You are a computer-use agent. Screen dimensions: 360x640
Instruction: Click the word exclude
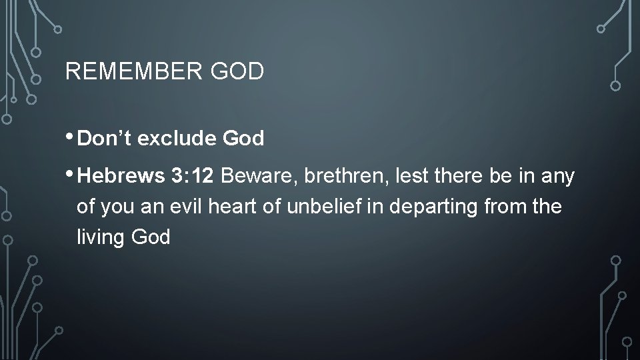(x=174, y=139)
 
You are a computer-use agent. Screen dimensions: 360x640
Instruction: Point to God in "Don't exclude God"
(x=243, y=139)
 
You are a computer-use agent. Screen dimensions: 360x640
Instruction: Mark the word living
(x=98, y=237)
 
